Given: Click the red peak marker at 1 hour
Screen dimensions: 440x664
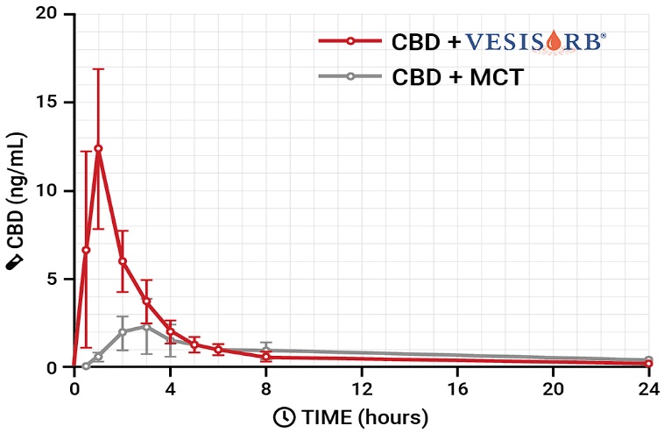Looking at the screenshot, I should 98,148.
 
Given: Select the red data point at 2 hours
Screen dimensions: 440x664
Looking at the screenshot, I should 123,261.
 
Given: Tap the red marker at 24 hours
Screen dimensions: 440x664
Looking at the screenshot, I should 648,363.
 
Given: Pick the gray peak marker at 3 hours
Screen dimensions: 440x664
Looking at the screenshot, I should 146,327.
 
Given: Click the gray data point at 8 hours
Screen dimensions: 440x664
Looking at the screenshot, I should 266,350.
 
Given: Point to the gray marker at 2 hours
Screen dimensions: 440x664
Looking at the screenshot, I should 123,332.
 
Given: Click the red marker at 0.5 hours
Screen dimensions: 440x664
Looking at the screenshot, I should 86,250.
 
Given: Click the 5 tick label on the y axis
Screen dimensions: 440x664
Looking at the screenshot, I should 57,279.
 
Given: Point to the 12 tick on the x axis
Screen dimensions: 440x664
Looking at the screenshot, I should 361,388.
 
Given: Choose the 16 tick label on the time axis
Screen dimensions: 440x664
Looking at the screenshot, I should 456,388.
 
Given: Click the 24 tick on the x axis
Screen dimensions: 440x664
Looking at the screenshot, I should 648,388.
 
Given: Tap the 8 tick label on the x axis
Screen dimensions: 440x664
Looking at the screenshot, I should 266,388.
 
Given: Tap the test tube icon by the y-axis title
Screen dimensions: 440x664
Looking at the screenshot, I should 15,260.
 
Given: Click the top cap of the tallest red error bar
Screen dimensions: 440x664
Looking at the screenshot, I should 98,68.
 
